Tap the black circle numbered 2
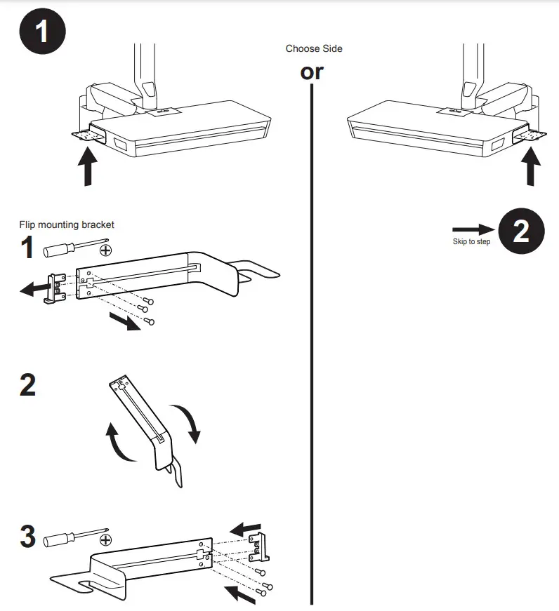[521, 231]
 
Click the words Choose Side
[314, 49]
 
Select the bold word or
[312, 72]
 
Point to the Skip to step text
[471, 242]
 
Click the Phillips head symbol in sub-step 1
[106, 250]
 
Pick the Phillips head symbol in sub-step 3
[106, 539]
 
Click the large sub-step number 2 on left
[27, 386]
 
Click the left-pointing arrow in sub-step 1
[32, 288]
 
